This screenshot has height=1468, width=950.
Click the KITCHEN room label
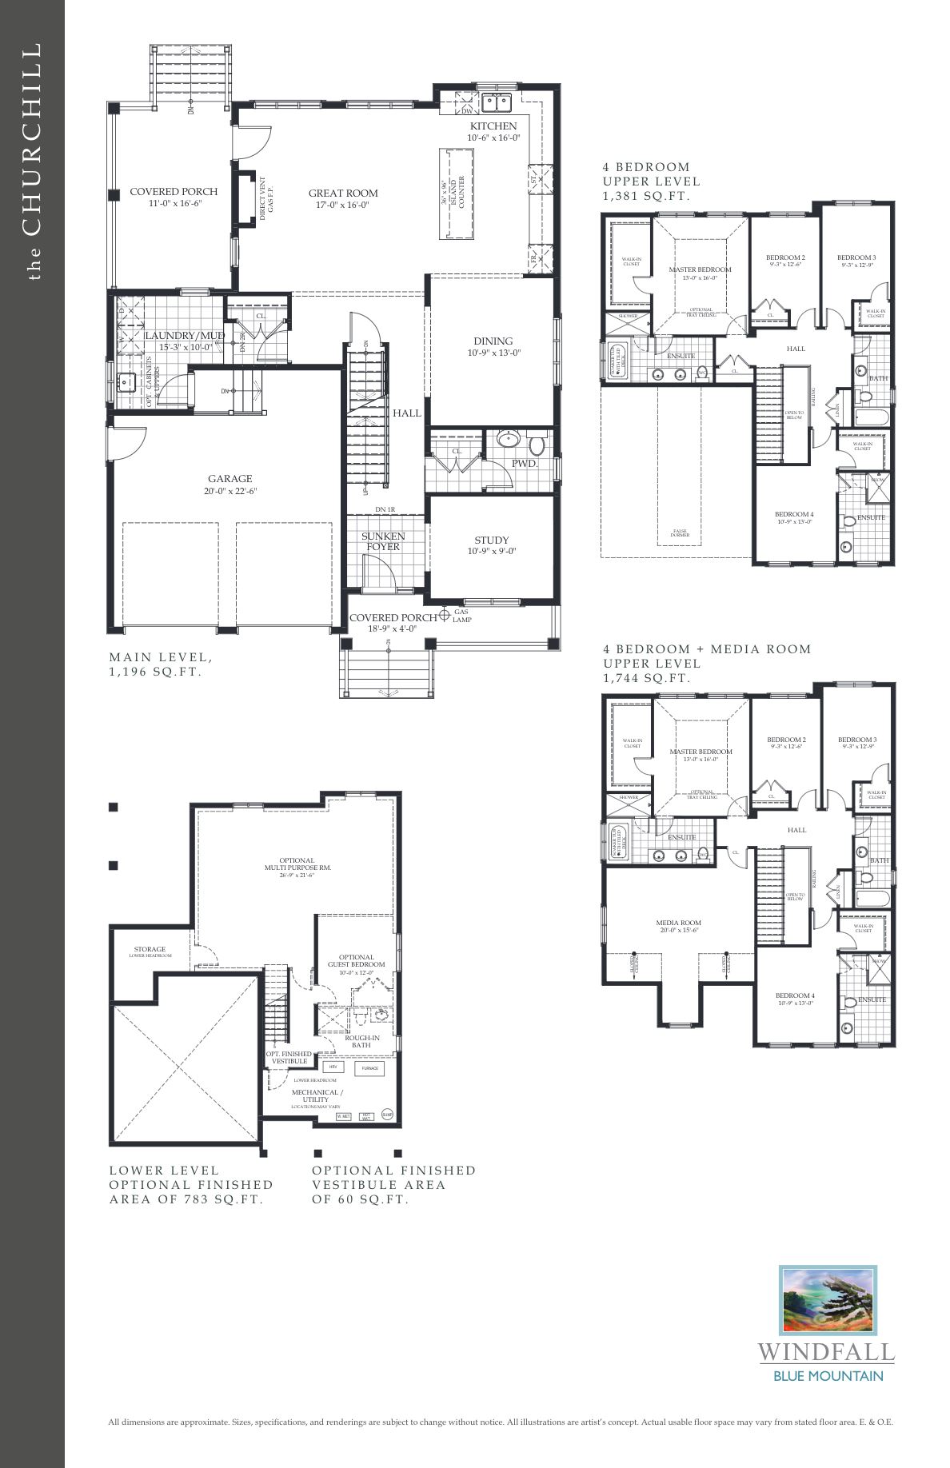click(493, 126)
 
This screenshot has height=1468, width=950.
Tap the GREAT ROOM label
click(343, 193)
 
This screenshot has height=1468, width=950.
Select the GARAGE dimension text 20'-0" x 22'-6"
click(230, 491)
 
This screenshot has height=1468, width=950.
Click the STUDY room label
click(491, 540)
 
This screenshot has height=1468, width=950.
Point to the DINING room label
click(493, 341)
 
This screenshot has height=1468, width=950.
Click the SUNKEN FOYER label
click(383, 541)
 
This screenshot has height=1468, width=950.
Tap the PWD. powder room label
click(525, 463)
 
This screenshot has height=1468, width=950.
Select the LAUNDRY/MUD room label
click(184, 335)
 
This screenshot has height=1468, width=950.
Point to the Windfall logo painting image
click(828, 1300)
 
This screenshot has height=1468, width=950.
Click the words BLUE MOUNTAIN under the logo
click(828, 1376)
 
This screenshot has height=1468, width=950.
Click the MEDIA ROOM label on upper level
click(679, 923)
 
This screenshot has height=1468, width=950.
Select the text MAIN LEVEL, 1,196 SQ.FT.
click(160, 664)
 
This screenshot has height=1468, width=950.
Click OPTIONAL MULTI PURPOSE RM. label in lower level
click(297, 864)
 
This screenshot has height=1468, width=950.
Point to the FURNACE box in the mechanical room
click(369, 1068)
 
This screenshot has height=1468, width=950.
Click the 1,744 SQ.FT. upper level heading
click(646, 678)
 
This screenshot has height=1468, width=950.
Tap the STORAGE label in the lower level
click(150, 949)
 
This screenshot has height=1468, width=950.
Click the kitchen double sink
click(501, 102)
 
